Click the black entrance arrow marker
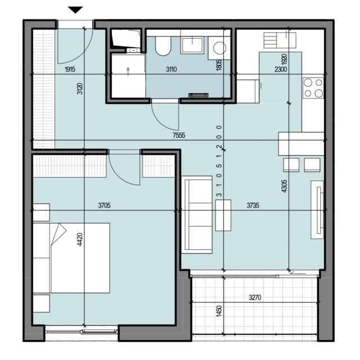(x=75, y=10)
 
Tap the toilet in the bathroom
(x=163, y=46)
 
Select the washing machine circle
(x=219, y=48)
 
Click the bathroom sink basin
(x=192, y=45)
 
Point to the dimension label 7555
(x=179, y=136)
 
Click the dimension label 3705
(x=104, y=205)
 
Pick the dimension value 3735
(x=253, y=205)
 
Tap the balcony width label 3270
(x=255, y=298)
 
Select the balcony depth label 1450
(x=219, y=311)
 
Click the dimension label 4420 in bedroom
(x=80, y=240)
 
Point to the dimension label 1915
(x=70, y=69)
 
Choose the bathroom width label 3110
(x=171, y=69)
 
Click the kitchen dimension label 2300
(x=281, y=69)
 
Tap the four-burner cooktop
(x=313, y=88)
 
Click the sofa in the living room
(x=197, y=215)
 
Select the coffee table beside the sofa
(x=223, y=215)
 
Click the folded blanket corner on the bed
(x=58, y=234)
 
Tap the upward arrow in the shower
(x=128, y=70)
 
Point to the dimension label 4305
(x=284, y=186)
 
